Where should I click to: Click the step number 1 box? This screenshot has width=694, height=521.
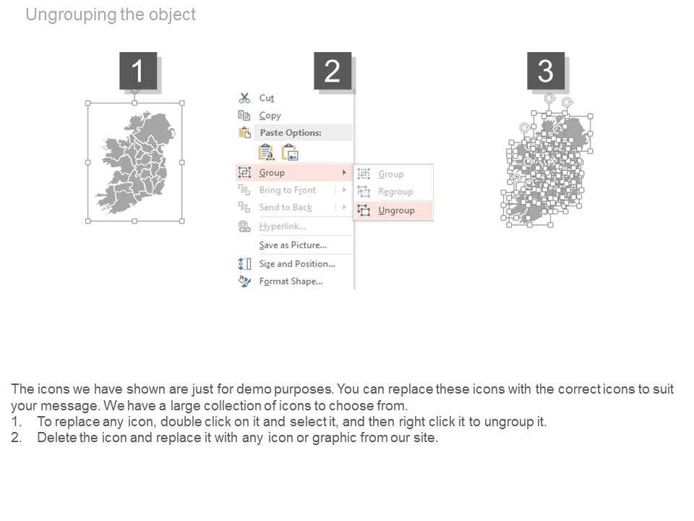coord(138,71)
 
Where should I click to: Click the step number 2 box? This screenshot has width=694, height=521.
coord(333,71)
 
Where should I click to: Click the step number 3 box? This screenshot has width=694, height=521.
coord(546,71)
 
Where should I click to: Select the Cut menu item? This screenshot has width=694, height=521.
coord(267,98)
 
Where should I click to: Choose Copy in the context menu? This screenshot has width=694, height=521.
coord(270,116)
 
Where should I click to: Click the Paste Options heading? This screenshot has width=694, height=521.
coord(291,132)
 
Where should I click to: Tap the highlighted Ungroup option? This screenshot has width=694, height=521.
coord(396,211)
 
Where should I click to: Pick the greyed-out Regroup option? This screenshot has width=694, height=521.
coord(395,191)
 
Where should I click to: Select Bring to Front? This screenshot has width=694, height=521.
coord(288,190)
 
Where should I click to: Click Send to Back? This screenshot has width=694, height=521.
coord(286,208)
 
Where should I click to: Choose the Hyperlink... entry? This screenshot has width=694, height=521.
coord(283,226)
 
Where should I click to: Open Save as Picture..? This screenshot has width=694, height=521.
coord(293,245)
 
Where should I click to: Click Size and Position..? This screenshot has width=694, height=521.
coord(297,264)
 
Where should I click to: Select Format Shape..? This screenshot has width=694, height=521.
coord(291,281)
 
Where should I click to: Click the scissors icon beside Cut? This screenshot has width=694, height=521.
coord(244,98)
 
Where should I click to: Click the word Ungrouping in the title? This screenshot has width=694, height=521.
coord(72,14)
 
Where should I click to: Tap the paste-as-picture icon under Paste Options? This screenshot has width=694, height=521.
coord(291,153)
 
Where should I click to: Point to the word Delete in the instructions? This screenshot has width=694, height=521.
coord(56,438)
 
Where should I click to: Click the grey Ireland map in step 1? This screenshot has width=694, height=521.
coord(135,162)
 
